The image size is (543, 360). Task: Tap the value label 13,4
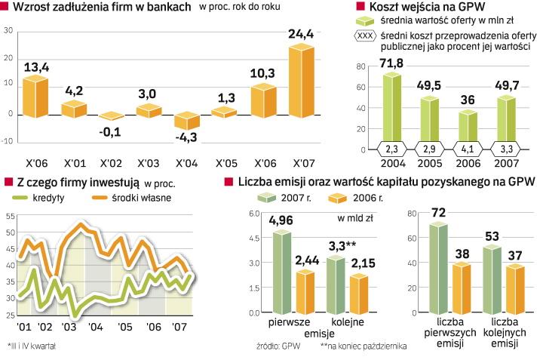pos(35,68)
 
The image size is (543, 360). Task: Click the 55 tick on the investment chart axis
pos(10,217)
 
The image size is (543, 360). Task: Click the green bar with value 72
pos(437,269)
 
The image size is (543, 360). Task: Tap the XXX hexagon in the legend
pos(364,35)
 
